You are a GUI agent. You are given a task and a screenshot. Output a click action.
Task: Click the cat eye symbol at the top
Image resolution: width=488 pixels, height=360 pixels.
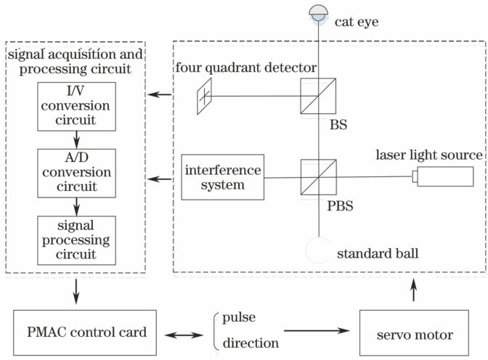pyautogui.click(x=319, y=14)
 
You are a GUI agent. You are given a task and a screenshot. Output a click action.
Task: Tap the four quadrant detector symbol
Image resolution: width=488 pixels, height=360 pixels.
pyautogui.click(x=206, y=95)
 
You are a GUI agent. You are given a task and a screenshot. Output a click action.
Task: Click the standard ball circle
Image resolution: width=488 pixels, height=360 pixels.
pyautogui.click(x=318, y=251)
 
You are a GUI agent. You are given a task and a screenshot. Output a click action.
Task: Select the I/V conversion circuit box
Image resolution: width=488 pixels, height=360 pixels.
pyautogui.click(x=76, y=104)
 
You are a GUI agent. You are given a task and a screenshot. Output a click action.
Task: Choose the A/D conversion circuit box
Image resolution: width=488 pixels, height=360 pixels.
pyautogui.click(x=76, y=172)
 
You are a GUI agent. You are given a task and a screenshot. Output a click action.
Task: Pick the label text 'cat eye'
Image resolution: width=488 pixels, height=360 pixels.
pyautogui.click(x=357, y=22)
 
